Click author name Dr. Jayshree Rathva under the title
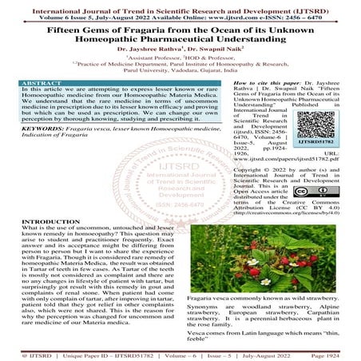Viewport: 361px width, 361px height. [147, 58]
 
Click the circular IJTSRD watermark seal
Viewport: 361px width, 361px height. [180, 192]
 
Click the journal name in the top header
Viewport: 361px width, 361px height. [180, 6]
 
